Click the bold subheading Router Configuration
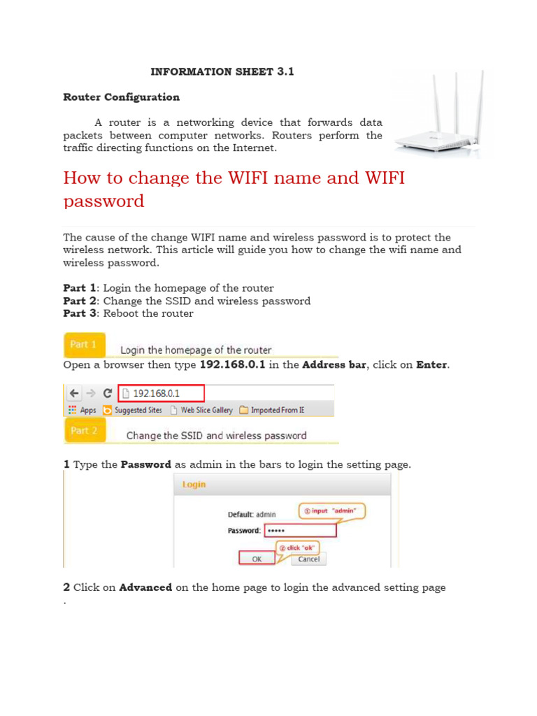click(121, 97)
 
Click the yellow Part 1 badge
click(85, 345)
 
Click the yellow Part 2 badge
click(85, 431)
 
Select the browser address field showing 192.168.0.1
click(161, 393)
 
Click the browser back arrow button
click(73, 393)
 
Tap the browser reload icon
click(107, 393)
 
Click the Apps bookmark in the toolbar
click(82, 410)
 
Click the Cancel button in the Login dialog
click(308, 559)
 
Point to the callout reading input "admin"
click(333, 511)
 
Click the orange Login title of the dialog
click(194, 484)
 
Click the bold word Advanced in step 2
click(145, 587)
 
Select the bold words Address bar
click(334, 365)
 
